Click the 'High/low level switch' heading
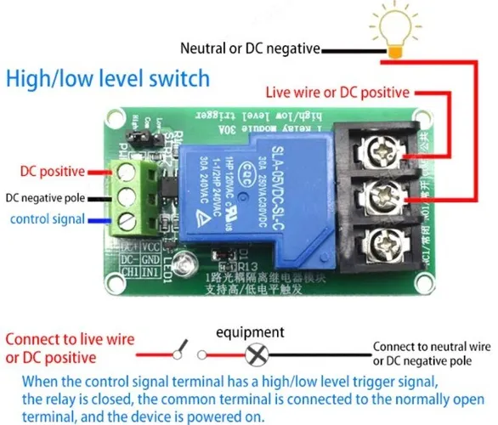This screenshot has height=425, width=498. tap(108, 79)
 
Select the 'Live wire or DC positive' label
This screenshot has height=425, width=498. tap(337, 91)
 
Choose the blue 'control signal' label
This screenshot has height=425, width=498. tap(48, 218)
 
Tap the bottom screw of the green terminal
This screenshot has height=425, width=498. tap(129, 222)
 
